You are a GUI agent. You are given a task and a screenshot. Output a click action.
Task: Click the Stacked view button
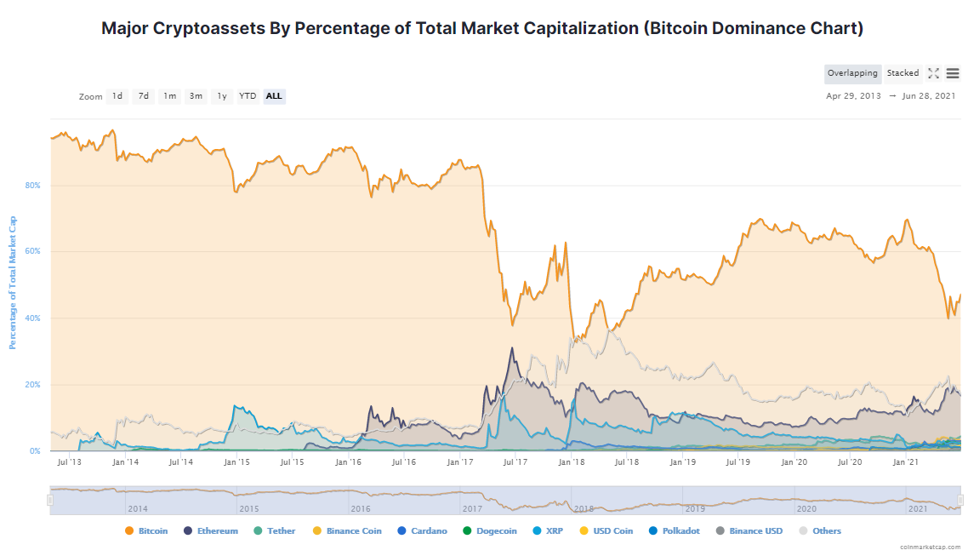(903, 73)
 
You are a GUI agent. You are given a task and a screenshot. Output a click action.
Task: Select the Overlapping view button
(852, 73)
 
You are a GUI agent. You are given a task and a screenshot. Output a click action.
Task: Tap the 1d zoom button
(117, 96)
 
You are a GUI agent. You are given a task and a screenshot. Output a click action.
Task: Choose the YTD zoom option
(248, 96)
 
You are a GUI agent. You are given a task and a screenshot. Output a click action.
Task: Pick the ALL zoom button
(274, 96)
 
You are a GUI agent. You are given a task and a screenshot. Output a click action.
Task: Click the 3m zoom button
(196, 96)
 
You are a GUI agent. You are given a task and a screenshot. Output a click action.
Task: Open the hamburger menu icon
(953, 73)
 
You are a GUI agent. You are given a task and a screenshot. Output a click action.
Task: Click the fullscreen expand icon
(933, 73)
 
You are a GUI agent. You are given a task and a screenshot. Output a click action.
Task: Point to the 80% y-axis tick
(33, 186)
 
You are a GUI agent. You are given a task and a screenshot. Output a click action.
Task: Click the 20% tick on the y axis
(33, 385)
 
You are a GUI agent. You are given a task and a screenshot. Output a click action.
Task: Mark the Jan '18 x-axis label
(571, 462)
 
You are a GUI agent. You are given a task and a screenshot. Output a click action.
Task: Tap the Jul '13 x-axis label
(69, 462)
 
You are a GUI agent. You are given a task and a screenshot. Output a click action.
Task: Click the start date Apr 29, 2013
(853, 96)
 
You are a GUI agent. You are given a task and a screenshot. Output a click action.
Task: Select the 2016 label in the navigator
(362, 508)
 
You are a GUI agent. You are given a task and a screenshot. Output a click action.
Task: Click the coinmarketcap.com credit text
(931, 547)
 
